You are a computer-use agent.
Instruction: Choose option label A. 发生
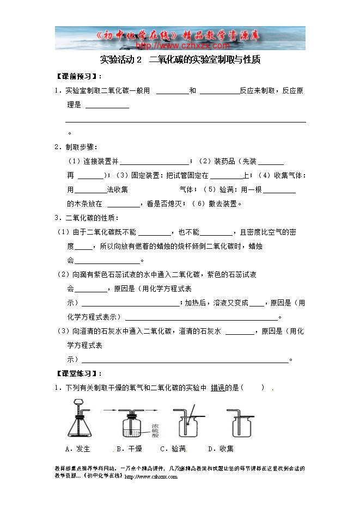(77, 449)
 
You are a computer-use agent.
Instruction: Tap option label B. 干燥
(129, 449)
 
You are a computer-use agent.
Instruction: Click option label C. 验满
(173, 449)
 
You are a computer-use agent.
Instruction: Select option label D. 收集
(221, 449)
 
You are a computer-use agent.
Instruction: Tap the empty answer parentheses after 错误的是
(254, 388)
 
